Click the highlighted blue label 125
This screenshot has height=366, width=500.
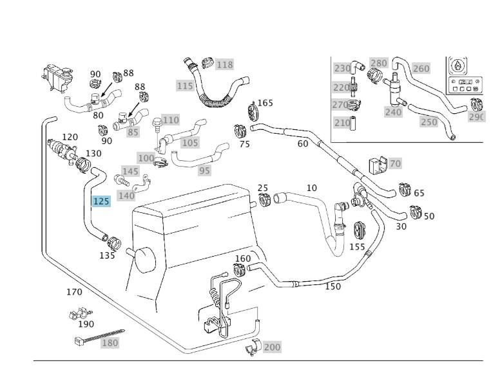coord(101,201)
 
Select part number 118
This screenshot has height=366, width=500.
coord(224,64)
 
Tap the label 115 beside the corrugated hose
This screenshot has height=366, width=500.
coord(185,86)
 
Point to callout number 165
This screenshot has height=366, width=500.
coord(265,103)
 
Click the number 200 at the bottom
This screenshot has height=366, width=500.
coord(272,347)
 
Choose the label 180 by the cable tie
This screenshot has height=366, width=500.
coord(110,343)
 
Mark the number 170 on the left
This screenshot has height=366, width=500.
coord(74,292)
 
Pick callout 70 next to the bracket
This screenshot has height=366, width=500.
coord(395,163)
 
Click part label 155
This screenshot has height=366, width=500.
coord(357,246)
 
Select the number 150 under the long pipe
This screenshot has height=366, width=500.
coord(332,286)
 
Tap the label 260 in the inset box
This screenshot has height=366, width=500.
coord(421,68)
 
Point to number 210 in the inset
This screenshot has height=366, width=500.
coord(342,122)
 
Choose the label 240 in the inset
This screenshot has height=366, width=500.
coord(393,112)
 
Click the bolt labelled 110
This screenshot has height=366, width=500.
coord(156,122)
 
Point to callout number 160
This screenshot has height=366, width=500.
coord(242,259)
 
